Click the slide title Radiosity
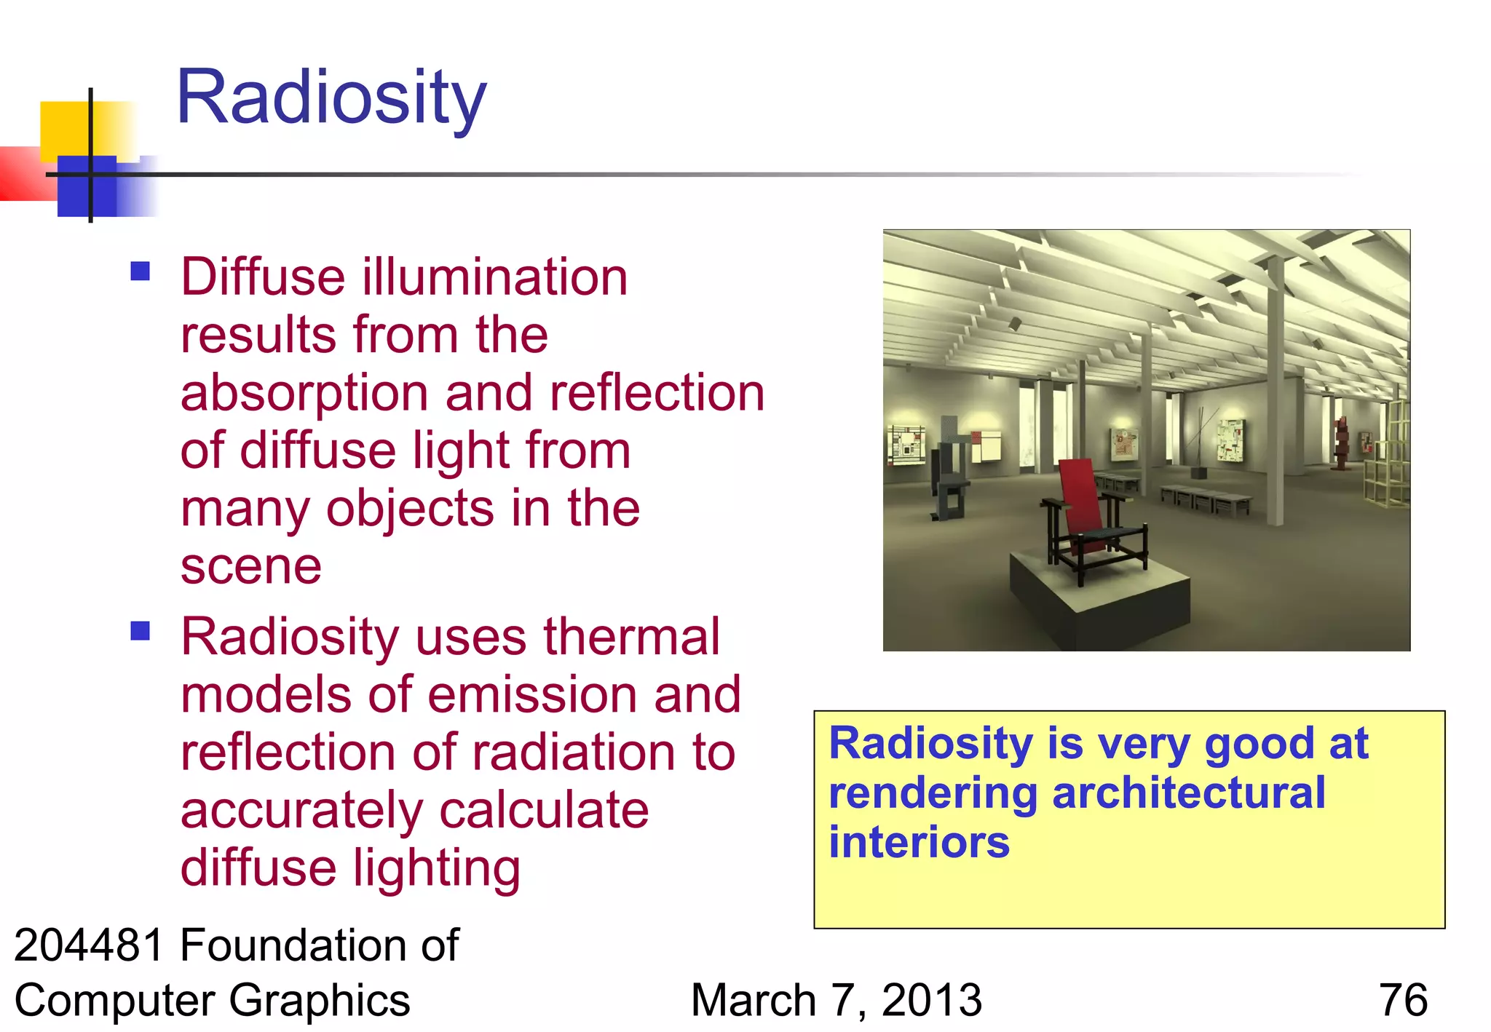pos(331,98)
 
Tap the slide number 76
pos(1402,1000)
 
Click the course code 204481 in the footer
pos(89,945)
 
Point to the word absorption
pos(304,394)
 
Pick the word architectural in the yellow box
pos(1188,793)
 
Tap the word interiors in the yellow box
pos(919,842)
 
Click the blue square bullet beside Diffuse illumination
pos(140,271)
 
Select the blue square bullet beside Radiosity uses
pos(140,630)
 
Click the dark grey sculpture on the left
pos(946,473)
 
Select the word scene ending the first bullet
pos(250,567)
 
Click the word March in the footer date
pos(753,1000)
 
